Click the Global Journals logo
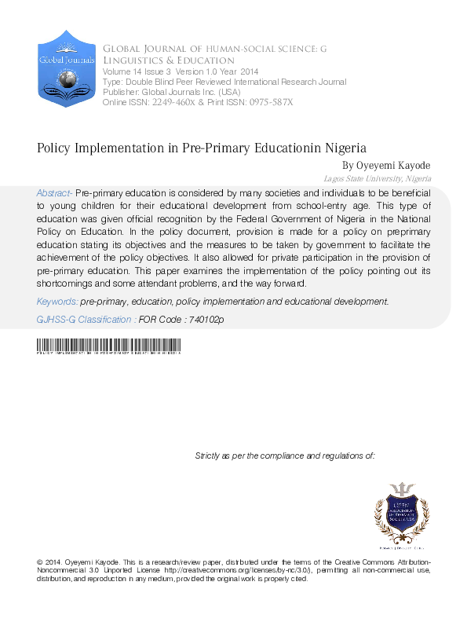[67, 68]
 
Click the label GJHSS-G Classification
[85, 320]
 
